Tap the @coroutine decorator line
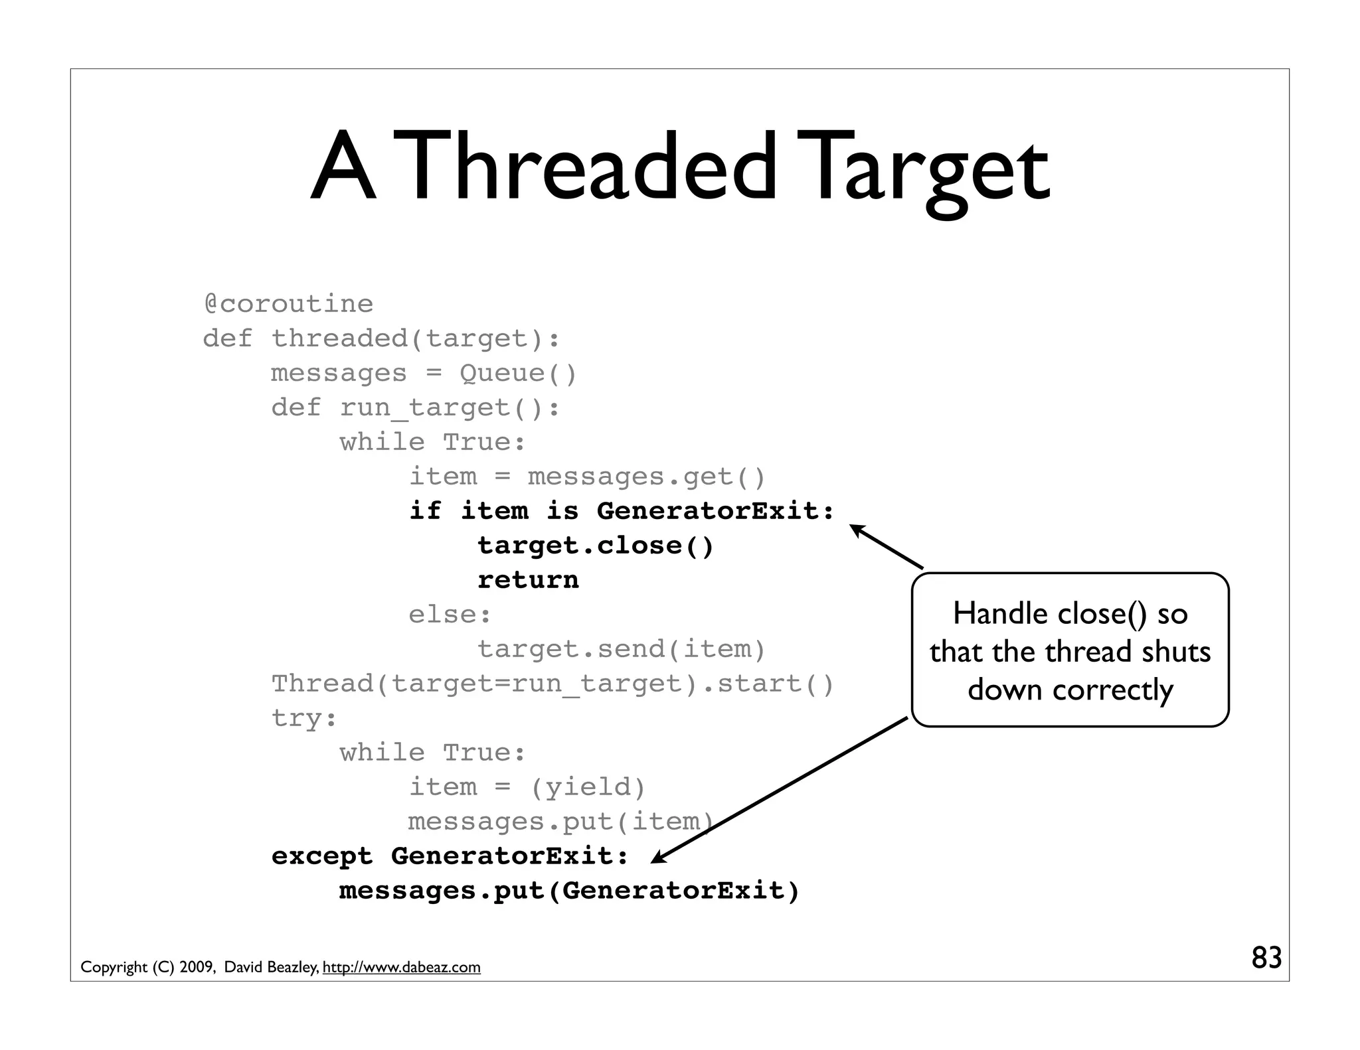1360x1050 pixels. [288, 304]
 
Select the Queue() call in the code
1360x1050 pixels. [518, 373]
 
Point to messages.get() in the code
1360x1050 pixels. [647, 477]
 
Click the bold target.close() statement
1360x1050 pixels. [595, 546]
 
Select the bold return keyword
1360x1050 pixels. [528, 580]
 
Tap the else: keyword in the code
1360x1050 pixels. [450, 615]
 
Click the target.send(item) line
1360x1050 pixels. [622, 649]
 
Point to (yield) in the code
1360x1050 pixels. [588, 787]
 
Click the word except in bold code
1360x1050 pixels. [322, 856]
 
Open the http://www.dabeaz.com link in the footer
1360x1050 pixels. [401, 967]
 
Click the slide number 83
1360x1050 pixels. [1266, 958]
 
